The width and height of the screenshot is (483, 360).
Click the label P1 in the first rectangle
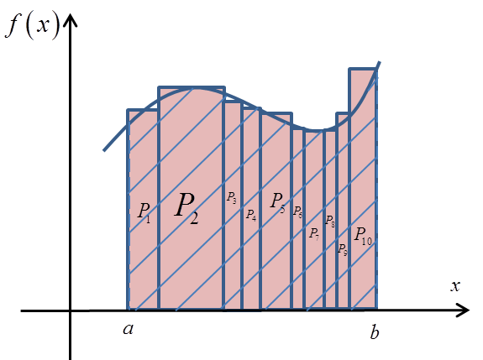[144, 212]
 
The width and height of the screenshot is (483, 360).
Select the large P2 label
[186, 208]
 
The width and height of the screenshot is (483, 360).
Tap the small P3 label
[232, 197]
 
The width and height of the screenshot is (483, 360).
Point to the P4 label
[251, 215]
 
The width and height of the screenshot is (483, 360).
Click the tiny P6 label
[297, 211]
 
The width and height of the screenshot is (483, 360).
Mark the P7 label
[314, 234]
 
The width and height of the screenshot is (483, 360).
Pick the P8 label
[330, 221]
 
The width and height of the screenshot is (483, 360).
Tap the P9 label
[343, 249]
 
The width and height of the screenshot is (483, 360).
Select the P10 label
[363, 236]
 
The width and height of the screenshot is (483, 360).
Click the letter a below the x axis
[129, 329]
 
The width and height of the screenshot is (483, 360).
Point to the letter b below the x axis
[375, 332]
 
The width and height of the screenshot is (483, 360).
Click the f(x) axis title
[33, 27]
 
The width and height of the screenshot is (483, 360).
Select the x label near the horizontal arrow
[455, 286]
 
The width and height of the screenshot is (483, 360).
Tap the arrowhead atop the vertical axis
[71, 19]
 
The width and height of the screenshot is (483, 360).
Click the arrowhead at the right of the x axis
[463, 310]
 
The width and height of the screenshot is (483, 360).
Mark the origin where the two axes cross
[71, 310]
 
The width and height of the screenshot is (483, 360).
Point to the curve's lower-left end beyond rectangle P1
[104, 150]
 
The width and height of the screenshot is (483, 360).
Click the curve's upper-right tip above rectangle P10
[380, 62]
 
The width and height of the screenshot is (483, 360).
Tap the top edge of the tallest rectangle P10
[363, 69]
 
